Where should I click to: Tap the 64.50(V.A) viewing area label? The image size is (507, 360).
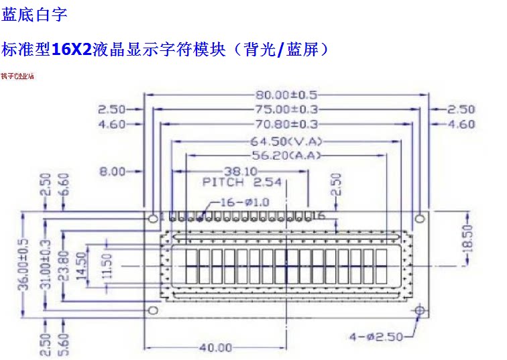(x=287, y=141)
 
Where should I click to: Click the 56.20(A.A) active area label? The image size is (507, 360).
(x=287, y=156)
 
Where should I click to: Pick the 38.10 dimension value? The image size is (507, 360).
(x=239, y=171)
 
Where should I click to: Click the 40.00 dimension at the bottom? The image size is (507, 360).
(x=215, y=347)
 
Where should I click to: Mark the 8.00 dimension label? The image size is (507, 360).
(x=112, y=172)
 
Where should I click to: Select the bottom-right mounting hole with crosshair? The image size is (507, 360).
(x=420, y=311)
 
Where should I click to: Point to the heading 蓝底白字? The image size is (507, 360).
(x=34, y=13)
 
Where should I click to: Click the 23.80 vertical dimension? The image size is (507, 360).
(x=63, y=263)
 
